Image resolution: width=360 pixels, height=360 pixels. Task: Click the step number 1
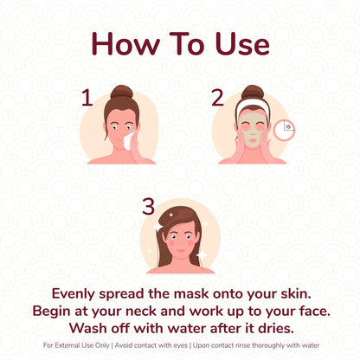point(87,97)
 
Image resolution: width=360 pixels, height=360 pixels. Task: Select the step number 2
point(218,97)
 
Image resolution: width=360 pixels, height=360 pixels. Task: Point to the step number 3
point(149,206)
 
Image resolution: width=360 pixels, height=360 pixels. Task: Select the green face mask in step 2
point(251,131)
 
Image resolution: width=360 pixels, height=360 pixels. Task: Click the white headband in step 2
point(251,107)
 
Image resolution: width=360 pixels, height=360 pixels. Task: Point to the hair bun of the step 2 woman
point(252,91)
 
